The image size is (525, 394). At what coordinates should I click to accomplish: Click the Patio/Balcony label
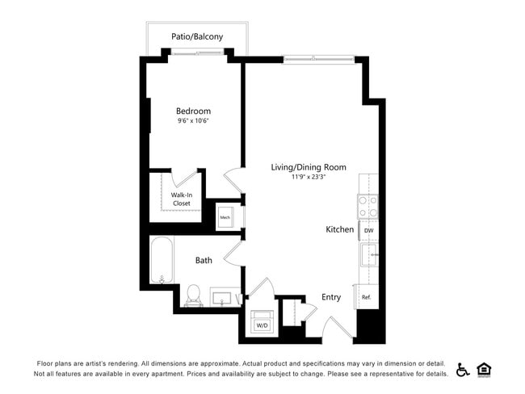197,36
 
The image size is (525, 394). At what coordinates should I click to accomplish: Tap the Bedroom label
193,111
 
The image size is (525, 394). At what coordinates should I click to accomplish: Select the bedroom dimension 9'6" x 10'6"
193,121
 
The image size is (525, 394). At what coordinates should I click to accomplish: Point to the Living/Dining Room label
308,167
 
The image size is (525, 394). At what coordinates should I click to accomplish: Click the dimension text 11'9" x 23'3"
308,177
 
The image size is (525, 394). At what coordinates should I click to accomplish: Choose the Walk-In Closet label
181,199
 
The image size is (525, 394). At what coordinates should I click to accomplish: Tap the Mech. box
225,217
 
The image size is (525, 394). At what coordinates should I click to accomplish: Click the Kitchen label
339,229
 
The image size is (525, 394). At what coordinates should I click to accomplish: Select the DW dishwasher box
368,230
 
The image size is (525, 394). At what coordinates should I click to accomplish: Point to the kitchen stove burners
367,207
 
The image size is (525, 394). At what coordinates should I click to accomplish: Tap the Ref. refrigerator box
366,297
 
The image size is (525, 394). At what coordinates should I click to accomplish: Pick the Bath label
204,260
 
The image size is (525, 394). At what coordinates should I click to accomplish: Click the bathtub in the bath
162,258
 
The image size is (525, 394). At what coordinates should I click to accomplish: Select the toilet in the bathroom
194,294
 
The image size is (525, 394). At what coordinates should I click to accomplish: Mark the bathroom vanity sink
223,298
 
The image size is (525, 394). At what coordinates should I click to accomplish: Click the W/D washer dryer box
262,325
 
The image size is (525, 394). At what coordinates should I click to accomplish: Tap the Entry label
331,297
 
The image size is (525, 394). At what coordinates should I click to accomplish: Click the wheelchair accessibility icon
463,370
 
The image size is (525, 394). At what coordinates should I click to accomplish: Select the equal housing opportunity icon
485,369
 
